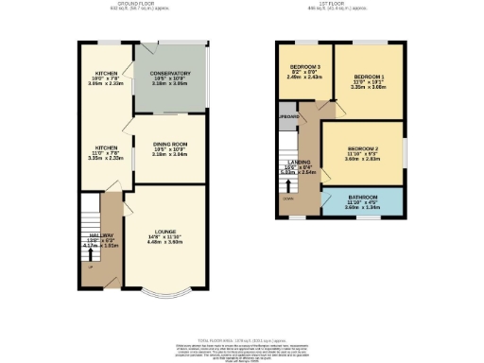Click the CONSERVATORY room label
tap(170, 74)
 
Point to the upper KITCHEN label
tap(105, 73)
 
